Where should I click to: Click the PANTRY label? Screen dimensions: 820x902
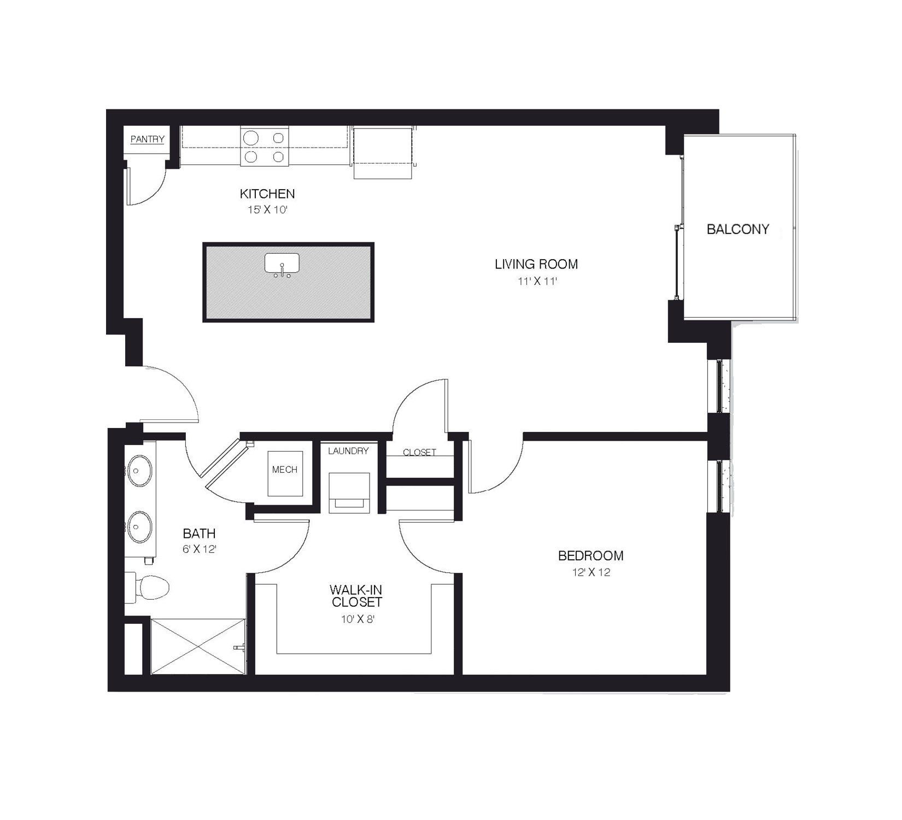point(147,139)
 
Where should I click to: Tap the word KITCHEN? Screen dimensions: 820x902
point(267,194)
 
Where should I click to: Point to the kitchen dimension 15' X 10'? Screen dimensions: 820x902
point(267,209)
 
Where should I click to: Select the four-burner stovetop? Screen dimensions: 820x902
point(265,147)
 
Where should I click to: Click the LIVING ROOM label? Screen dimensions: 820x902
point(536,264)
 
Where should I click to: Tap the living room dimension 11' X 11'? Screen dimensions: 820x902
point(536,282)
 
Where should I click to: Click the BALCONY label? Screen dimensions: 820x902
point(737,229)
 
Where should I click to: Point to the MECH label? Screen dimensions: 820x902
point(285,470)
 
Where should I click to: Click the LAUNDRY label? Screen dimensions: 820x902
point(348,451)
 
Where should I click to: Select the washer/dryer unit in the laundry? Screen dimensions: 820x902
point(349,492)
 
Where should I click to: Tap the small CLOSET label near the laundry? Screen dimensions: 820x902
point(419,452)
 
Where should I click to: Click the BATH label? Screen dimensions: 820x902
point(199,533)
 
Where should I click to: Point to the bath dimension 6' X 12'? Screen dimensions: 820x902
point(200,549)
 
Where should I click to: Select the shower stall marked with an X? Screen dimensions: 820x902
point(197,646)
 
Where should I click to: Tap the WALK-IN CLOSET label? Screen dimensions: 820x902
point(356,596)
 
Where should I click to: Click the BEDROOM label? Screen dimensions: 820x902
point(590,555)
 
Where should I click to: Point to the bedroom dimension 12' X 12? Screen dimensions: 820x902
point(590,572)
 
